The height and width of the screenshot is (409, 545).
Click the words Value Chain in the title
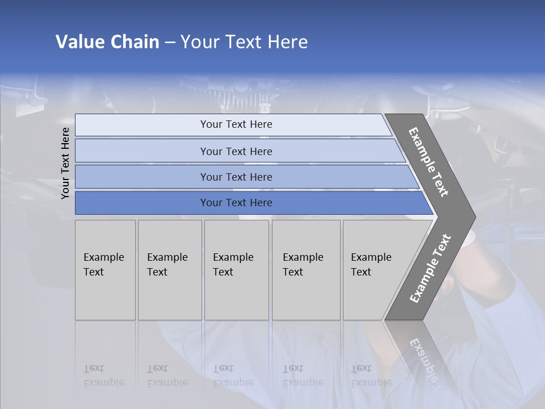[x=107, y=42]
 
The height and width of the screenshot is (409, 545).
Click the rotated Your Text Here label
[x=65, y=163]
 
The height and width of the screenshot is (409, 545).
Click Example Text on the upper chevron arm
[x=429, y=162]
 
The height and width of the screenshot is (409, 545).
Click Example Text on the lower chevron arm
[x=430, y=269]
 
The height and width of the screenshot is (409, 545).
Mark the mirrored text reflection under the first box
[x=104, y=375]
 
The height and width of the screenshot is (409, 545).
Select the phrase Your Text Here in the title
[x=244, y=42]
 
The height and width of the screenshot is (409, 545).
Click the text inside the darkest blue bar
[x=236, y=203]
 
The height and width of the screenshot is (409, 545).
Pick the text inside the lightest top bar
[x=236, y=124]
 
